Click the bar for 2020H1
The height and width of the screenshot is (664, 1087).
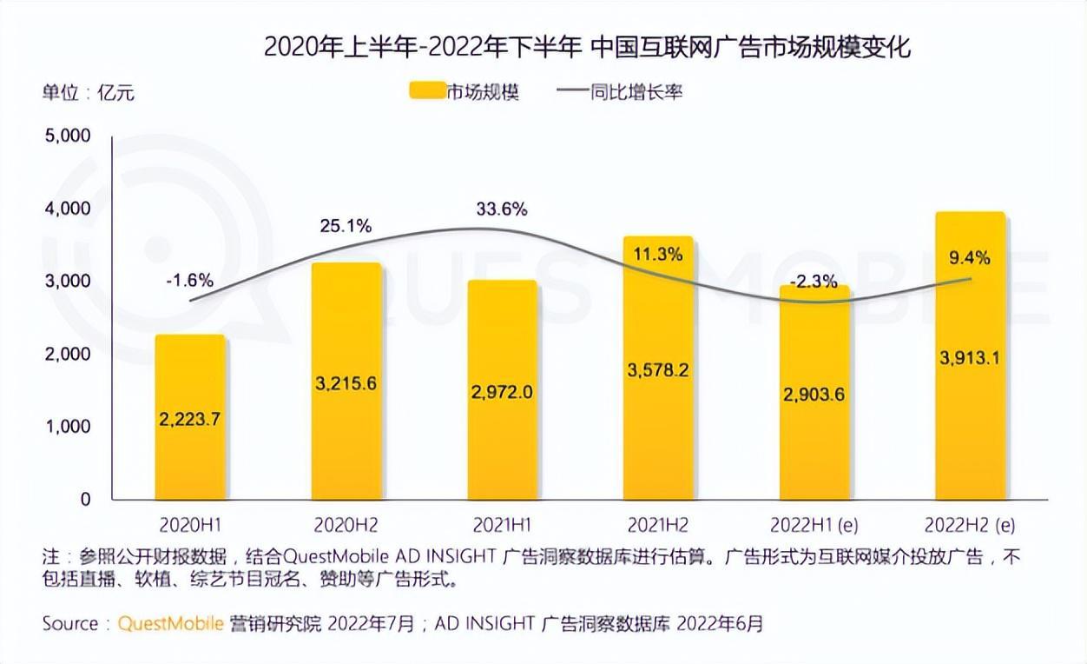tap(189, 417)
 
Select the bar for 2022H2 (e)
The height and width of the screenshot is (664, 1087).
tap(970, 356)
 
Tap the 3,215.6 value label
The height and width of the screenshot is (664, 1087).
tap(346, 383)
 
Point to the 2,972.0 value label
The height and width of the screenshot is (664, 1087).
tap(502, 392)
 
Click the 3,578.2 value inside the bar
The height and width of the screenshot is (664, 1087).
tap(658, 370)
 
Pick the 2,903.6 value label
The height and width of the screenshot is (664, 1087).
tap(814, 394)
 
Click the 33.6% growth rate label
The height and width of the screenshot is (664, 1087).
tap(501, 209)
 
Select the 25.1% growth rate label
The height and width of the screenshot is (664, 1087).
tap(346, 227)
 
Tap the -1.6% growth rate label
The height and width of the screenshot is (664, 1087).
tap(189, 281)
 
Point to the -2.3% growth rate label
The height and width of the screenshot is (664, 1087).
tap(814, 281)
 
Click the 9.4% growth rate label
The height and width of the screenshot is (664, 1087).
tap(970, 257)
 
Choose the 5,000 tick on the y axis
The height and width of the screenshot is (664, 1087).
tap(67, 136)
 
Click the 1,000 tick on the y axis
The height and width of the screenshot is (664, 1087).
tap(67, 427)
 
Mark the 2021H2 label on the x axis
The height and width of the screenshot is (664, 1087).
tap(658, 525)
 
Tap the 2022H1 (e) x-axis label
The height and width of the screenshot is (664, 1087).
tap(814, 525)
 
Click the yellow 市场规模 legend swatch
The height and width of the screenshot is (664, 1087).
tap(425, 91)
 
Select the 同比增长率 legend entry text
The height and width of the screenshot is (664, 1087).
tap(636, 91)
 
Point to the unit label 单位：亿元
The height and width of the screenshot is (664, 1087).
tap(89, 91)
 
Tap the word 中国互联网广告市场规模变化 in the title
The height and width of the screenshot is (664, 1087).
tap(750, 46)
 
